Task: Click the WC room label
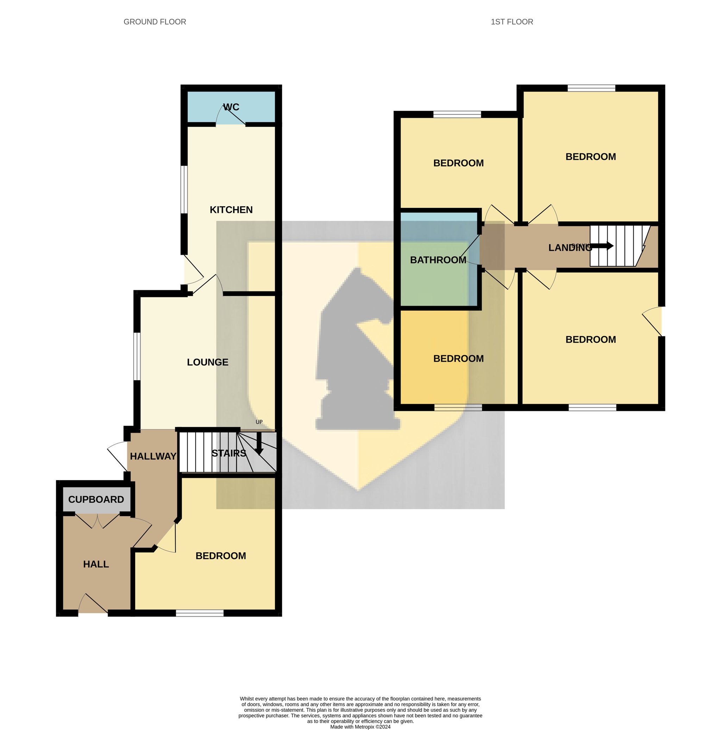pyautogui.click(x=231, y=107)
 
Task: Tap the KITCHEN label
pyautogui.click(x=231, y=210)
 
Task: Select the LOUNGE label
pyautogui.click(x=208, y=362)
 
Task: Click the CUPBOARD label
pyautogui.click(x=96, y=500)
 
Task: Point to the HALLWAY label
pyautogui.click(x=153, y=456)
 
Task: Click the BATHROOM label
pyautogui.click(x=438, y=260)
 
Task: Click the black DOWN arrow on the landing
pyautogui.click(x=602, y=246)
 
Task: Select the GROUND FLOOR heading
pyautogui.click(x=155, y=22)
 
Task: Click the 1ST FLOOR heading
pyautogui.click(x=512, y=22)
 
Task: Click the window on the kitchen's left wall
pyautogui.click(x=184, y=190)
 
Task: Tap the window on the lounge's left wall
pyautogui.click(x=137, y=356)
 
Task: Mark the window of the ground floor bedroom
pyautogui.click(x=200, y=613)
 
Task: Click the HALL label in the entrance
pyautogui.click(x=96, y=564)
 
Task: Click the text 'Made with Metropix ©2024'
pyautogui.click(x=360, y=726)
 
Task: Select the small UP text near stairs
pyautogui.click(x=259, y=422)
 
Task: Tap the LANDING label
pyautogui.click(x=570, y=248)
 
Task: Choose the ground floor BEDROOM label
pyautogui.click(x=221, y=556)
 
